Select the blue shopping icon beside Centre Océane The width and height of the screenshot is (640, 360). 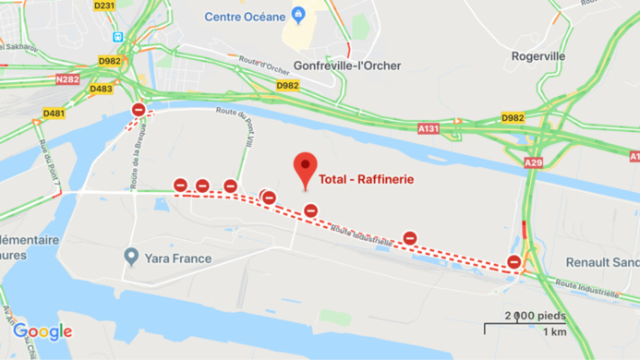click(297, 14)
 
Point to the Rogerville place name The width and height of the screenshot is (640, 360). click(538, 55)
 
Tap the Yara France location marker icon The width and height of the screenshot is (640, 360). click(132, 255)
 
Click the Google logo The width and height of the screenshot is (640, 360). click(42, 332)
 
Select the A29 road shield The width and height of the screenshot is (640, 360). click(534, 162)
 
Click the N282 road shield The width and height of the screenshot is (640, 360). click(66, 79)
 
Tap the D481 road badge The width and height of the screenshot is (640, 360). click(54, 114)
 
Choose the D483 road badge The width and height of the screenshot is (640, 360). click(101, 89)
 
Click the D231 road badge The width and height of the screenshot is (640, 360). click(104, 6)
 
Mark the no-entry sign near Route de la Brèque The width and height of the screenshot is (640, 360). click(139, 110)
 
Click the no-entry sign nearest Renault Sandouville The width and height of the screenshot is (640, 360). click(514, 263)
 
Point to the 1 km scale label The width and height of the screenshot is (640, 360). click(554, 332)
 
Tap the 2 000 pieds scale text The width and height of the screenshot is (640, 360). click(528, 315)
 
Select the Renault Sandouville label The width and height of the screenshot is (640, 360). click(601, 261)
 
